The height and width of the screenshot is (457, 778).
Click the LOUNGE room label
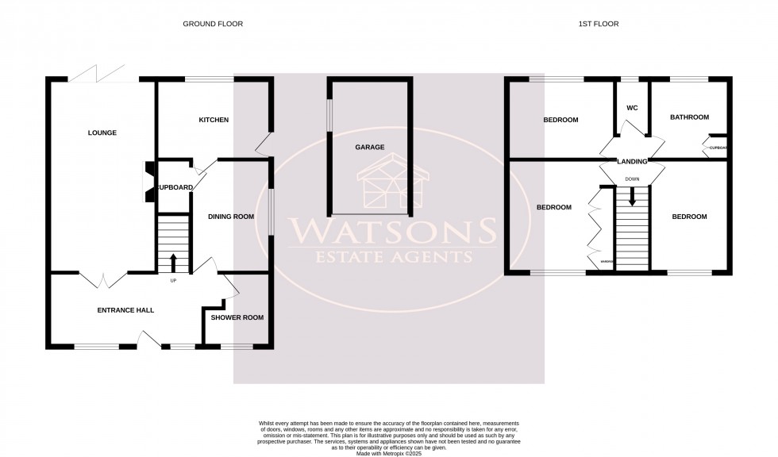tap(102, 133)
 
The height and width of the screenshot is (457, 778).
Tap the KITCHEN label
tap(214, 121)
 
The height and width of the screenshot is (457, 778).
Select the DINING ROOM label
tap(230, 217)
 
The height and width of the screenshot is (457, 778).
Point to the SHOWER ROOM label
tap(236, 317)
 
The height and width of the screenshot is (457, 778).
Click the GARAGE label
tap(369, 148)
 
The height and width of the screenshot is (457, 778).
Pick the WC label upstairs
tap(633, 108)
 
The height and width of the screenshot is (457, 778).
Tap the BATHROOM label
tap(689, 117)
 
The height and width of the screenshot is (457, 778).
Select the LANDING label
tap(632, 162)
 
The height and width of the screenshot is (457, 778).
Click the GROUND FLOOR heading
tap(213, 25)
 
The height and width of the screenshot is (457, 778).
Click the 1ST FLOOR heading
tap(598, 25)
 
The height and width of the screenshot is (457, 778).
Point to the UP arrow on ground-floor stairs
tap(173, 263)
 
